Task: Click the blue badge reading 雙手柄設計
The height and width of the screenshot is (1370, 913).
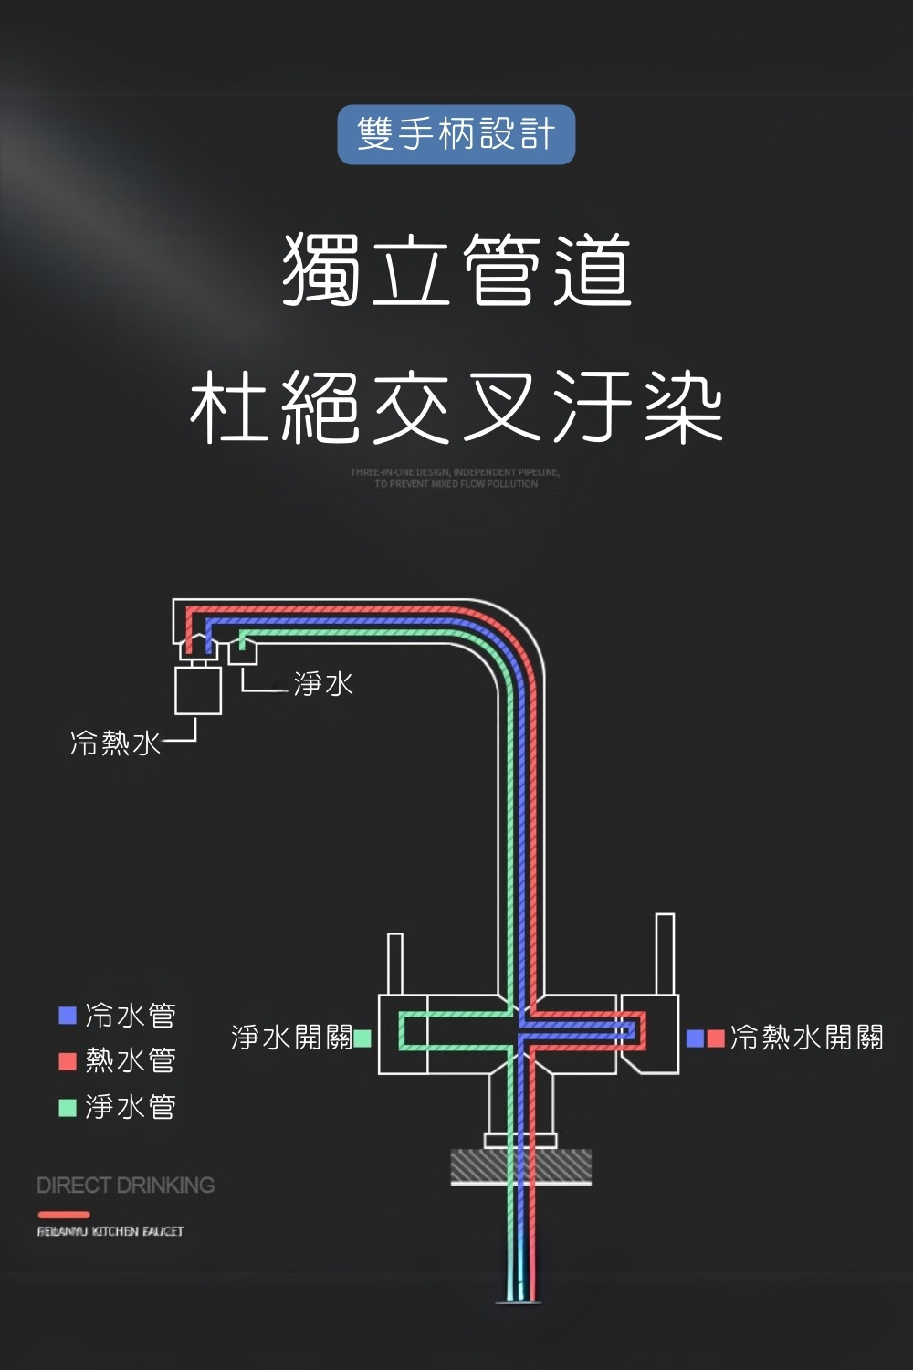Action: click(456, 134)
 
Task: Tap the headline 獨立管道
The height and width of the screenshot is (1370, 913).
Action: click(456, 269)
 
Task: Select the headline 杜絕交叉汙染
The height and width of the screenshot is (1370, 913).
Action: click(456, 406)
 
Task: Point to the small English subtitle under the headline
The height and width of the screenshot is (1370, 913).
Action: click(456, 478)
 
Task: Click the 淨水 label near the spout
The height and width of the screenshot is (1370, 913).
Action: click(323, 683)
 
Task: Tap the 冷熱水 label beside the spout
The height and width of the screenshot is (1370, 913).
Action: click(115, 743)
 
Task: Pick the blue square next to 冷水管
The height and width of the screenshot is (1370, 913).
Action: click(67, 1015)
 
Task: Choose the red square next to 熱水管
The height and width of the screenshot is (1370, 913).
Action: click(67, 1060)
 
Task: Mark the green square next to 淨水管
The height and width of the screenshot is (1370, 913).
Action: click(67, 1107)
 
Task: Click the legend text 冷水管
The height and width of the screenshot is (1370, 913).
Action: click(131, 1015)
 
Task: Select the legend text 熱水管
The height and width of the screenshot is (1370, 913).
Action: click(131, 1060)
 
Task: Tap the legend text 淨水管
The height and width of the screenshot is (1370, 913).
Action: click(131, 1107)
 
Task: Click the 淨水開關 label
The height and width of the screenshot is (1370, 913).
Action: click(291, 1038)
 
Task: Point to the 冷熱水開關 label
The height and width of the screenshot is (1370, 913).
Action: click(807, 1038)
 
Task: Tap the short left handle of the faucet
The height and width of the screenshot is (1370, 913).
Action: click(394, 963)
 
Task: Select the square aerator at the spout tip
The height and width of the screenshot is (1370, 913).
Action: click(198, 690)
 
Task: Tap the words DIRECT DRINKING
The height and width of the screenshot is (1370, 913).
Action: click(126, 1186)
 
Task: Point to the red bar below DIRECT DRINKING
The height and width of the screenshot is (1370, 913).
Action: click(64, 1215)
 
